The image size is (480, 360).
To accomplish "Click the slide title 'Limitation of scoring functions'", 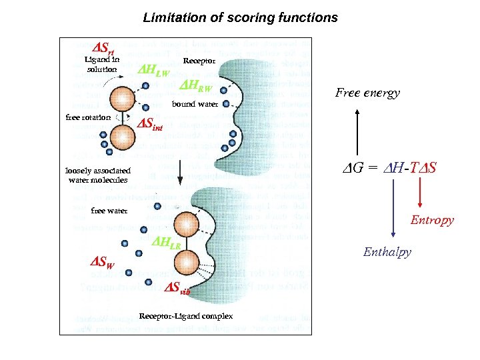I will click(240, 18).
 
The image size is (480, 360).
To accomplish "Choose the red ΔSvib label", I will click(177, 289).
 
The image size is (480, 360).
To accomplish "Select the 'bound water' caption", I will click(195, 104).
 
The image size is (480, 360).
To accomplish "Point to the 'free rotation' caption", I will click(88, 117).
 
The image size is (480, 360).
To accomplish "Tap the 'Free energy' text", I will click(367, 93).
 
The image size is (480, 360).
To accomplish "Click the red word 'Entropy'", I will click(432, 220).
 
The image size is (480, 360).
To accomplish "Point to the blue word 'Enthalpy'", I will click(387, 252).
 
